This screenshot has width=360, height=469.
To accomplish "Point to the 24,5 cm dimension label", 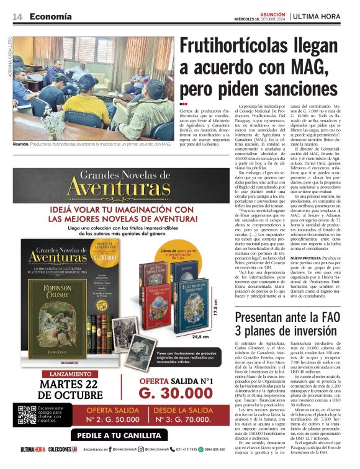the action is pyautogui.click(x=200, y=337).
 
